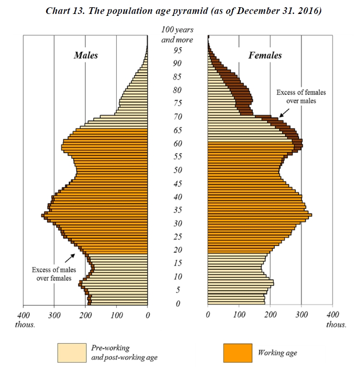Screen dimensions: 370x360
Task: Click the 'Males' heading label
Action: pyautogui.click(x=86, y=55)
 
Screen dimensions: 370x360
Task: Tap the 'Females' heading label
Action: pyautogui.click(x=265, y=55)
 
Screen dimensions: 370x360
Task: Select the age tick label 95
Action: pyautogui.click(x=177, y=51)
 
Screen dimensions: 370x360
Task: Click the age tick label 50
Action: pyautogui.click(x=177, y=170)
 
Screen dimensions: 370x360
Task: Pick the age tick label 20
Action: pyautogui.click(x=177, y=250)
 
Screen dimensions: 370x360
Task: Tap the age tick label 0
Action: pyautogui.click(x=177, y=304)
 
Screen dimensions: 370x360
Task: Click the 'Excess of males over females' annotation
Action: pyautogui.click(x=51, y=274)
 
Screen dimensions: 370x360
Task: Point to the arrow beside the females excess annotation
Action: pyautogui.click(x=284, y=112)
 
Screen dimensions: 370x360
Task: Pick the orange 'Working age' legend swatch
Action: pyautogui.click(x=237, y=353)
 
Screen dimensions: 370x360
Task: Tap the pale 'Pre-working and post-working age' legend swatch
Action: pyautogui.click(x=72, y=353)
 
